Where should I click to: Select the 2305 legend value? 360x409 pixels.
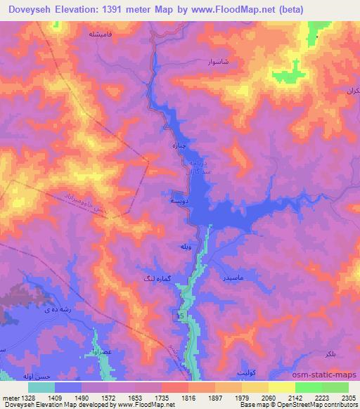click(347, 397)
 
